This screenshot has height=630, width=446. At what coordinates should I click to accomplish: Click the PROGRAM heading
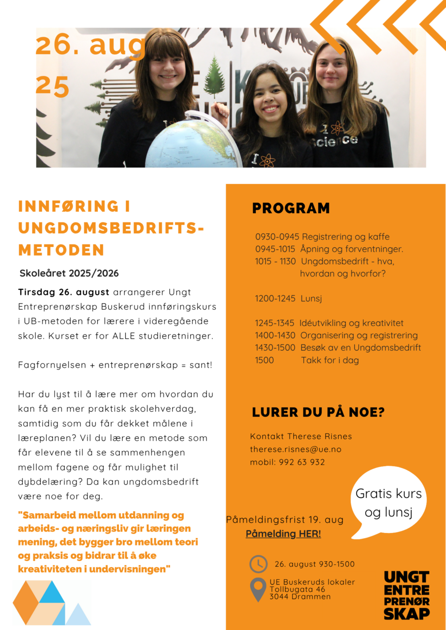click(x=291, y=208)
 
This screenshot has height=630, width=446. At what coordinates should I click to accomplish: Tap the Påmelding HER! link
click(x=283, y=534)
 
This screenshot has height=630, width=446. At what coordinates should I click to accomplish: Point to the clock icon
click(x=258, y=564)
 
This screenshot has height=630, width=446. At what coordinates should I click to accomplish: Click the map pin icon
click(x=258, y=589)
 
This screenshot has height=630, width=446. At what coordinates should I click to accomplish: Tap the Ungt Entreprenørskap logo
click(x=407, y=595)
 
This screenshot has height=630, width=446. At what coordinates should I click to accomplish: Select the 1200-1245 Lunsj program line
click(x=288, y=299)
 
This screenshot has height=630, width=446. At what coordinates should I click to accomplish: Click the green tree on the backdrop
click(x=214, y=77)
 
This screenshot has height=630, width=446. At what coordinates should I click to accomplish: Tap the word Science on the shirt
click(x=339, y=141)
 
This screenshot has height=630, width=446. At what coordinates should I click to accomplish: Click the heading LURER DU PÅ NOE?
click(x=318, y=413)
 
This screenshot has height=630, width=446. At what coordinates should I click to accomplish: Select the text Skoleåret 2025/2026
click(x=69, y=273)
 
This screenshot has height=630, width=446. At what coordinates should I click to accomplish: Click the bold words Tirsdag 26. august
click(x=63, y=292)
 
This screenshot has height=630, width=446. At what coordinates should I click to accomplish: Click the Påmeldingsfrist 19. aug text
click(x=284, y=520)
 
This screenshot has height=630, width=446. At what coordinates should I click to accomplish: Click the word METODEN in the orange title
click(x=61, y=250)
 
